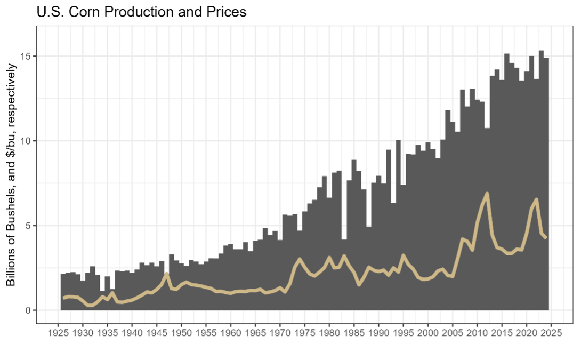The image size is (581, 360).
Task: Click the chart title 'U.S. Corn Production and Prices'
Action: tap(141, 12)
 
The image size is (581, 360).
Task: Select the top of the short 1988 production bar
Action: tap(369, 227)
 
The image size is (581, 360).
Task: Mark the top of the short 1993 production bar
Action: tap(393, 203)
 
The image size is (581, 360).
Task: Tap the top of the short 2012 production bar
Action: tap(487, 129)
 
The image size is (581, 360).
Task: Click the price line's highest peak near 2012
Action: tap(487, 193)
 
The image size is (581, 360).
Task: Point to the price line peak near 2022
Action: tap(536, 199)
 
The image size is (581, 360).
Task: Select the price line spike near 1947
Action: tap(167, 274)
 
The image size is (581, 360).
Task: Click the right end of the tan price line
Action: tap(546, 238)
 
